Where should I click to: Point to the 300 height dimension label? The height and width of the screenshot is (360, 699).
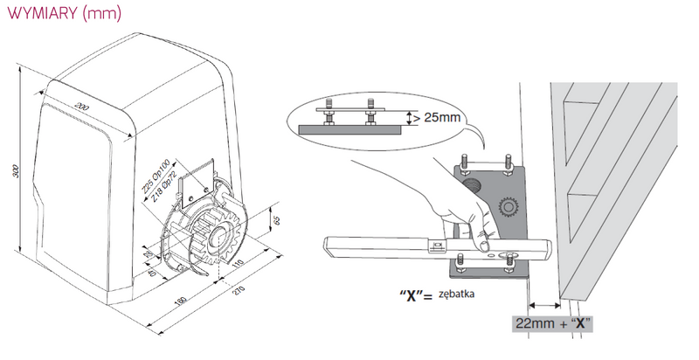(x=14, y=171)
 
